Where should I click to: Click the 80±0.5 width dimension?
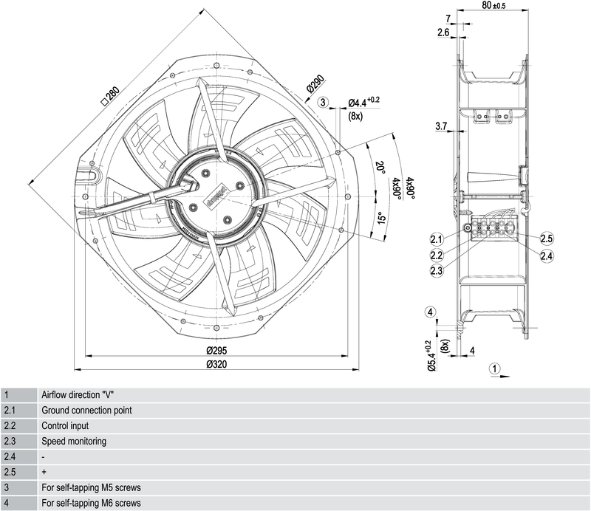pos(493,6)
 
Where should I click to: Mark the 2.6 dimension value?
pos(443,32)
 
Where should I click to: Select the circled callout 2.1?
pos(436,239)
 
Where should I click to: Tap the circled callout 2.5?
pos(547,239)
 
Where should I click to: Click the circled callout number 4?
pos(430,312)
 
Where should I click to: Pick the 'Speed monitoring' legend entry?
pos(74,441)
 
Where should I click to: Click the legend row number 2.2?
pos(10,425)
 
